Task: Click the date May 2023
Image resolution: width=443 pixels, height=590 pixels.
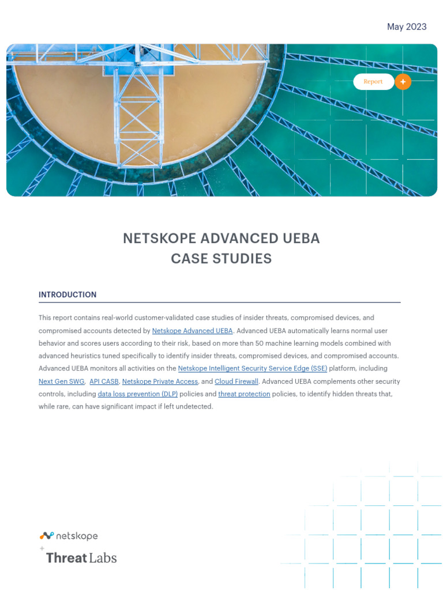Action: (407, 27)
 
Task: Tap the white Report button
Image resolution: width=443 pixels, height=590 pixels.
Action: (373, 82)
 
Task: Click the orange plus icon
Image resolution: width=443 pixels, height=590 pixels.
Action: (403, 82)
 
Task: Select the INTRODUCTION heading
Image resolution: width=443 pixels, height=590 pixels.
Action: (67, 294)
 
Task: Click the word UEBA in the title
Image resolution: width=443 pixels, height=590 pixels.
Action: (301, 239)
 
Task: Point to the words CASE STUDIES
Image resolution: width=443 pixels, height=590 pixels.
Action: (221, 259)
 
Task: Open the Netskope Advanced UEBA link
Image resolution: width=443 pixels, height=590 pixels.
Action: (192, 331)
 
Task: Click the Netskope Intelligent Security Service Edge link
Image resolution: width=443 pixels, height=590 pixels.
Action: (252, 368)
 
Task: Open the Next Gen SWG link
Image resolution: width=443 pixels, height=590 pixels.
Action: (62, 381)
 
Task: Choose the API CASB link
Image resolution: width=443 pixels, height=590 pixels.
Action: (104, 381)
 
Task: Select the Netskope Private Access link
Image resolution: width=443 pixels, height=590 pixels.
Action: (160, 381)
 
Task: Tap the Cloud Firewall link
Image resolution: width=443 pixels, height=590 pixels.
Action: (236, 381)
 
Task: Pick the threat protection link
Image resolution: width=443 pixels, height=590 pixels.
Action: (244, 394)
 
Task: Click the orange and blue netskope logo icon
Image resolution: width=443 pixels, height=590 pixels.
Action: (47, 536)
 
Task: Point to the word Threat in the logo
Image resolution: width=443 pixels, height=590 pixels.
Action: (66, 558)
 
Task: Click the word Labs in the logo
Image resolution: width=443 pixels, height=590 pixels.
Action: (103, 558)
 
